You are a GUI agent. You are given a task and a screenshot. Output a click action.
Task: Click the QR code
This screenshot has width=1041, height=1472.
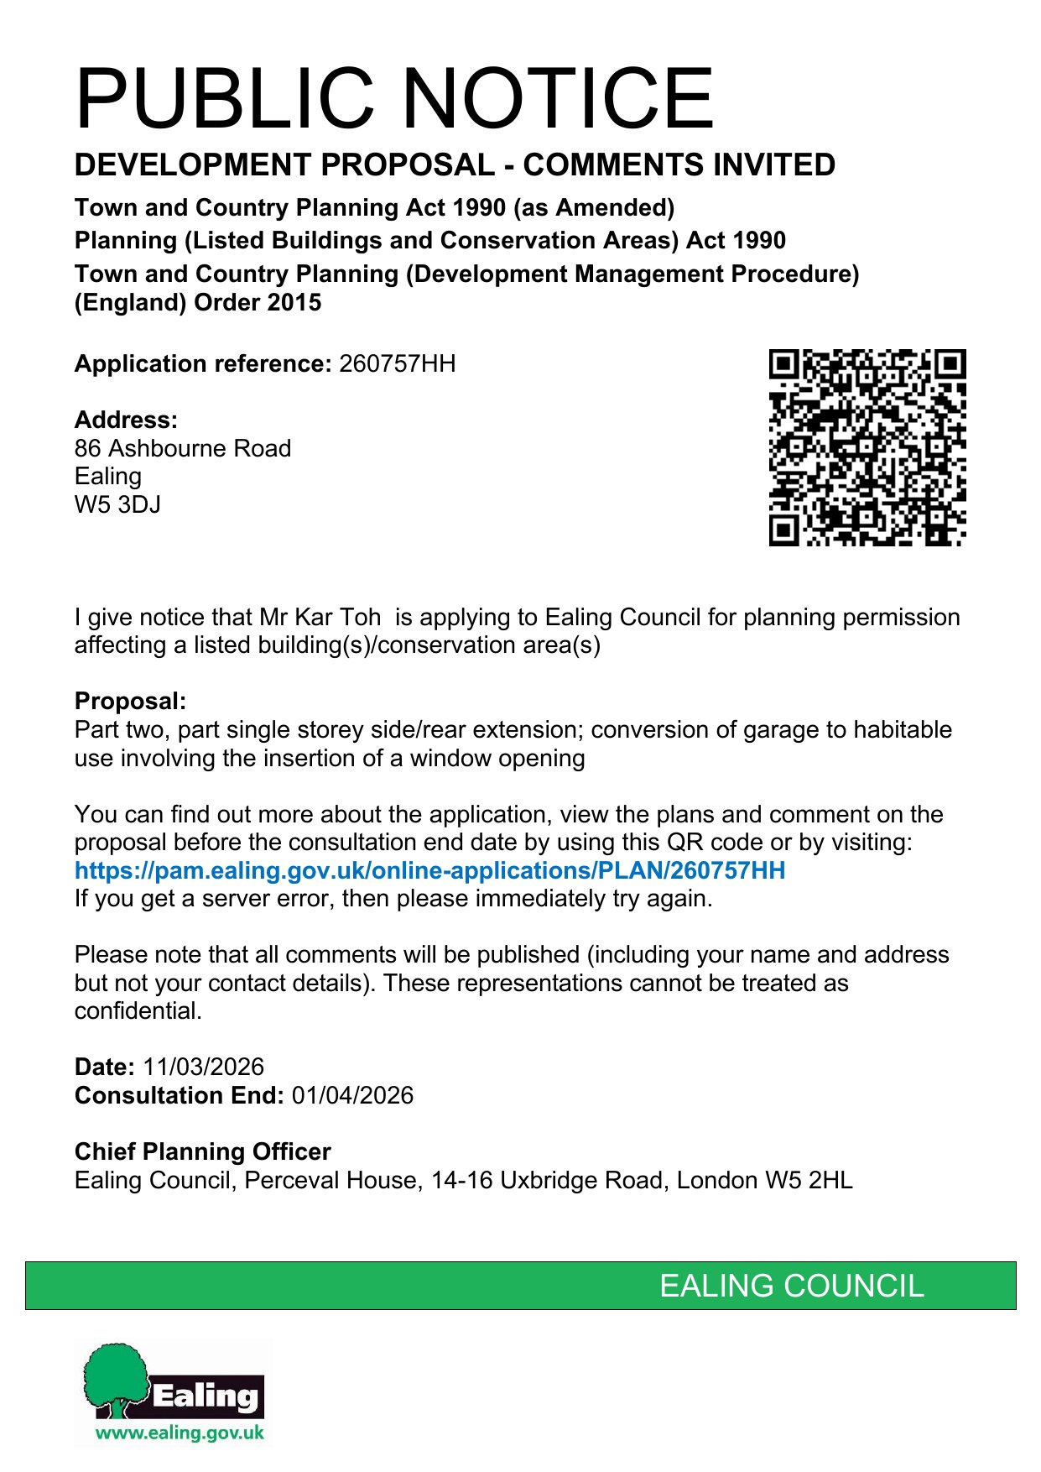point(867,447)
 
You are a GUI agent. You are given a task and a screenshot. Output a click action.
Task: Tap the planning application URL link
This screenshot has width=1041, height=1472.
point(429,870)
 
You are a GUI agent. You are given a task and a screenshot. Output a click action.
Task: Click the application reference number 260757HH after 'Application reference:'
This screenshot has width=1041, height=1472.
point(397,364)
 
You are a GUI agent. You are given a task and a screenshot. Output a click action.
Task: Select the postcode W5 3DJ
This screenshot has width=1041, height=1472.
point(117,504)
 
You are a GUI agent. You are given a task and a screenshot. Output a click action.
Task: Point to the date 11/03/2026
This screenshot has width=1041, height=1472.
point(203,1067)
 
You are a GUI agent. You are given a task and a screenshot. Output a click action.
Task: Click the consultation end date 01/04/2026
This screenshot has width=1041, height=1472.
point(352,1095)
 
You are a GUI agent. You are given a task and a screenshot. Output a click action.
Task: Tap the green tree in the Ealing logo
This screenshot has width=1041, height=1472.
point(116,1376)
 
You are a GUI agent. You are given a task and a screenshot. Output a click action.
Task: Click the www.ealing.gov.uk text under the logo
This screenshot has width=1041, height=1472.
point(180,1433)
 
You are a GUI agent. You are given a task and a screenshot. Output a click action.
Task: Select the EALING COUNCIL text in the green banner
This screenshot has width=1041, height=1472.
point(791,1286)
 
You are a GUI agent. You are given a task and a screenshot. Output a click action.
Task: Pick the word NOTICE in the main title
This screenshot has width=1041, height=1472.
point(560,98)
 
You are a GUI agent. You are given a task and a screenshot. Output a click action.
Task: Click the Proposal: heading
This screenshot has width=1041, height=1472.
point(130,701)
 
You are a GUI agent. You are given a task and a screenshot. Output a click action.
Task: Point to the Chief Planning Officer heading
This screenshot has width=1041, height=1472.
point(202,1151)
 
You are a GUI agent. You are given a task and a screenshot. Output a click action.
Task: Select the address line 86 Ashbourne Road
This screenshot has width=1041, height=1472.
point(182,448)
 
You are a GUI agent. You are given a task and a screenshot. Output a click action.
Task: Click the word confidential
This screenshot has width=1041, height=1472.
point(138,1010)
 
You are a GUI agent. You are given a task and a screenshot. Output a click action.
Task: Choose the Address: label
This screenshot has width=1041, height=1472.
point(126,420)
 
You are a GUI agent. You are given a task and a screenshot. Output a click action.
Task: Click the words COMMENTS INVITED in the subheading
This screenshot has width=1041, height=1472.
point(679,165)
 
